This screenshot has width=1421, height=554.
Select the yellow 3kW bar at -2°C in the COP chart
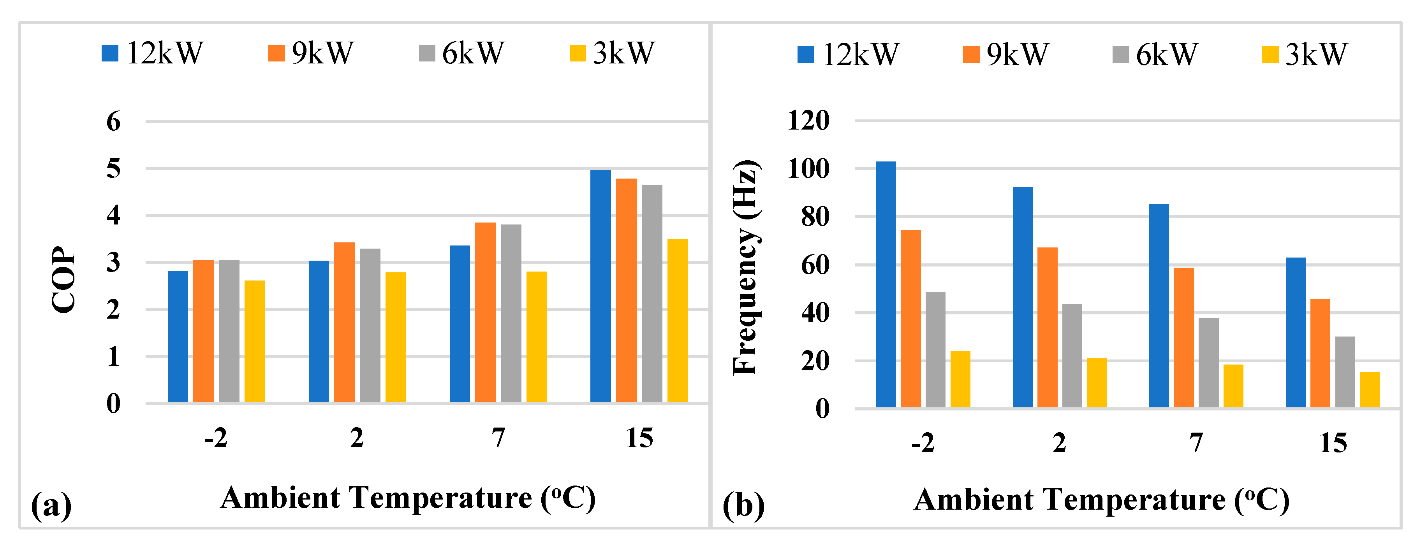point(254,342)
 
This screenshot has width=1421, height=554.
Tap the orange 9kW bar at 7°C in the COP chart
point(485,312)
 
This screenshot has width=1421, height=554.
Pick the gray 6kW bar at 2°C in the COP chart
point(370,325)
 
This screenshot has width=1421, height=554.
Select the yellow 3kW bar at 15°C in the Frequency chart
point(1370,390)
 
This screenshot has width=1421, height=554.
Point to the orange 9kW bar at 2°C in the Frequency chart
point(1047,328)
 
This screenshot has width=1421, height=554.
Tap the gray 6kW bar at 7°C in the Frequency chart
point(1209,363)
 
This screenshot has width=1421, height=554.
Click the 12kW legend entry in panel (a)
point(153,53)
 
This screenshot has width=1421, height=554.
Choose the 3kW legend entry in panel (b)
point(1305,54)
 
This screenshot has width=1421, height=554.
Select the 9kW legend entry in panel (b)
point(1005,54)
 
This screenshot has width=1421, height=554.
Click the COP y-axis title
point(63,279)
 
